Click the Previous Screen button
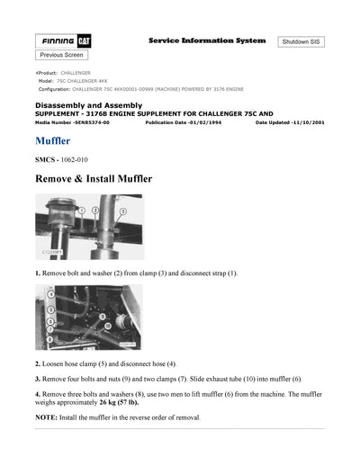coord(62,55)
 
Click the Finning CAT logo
coord(62,41)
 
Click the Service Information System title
coord(206,40)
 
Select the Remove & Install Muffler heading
coord(93,179)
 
